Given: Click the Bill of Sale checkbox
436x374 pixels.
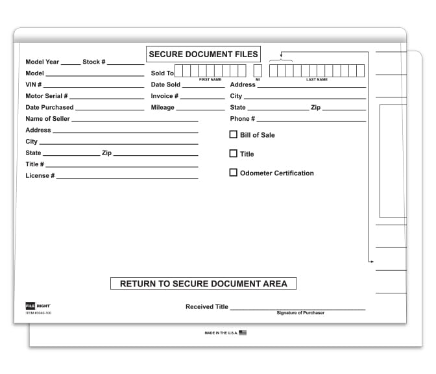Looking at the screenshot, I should pos(234,134).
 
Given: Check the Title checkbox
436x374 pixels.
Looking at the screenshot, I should pos(234,154).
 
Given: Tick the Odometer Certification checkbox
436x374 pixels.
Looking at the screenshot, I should pos(234,173).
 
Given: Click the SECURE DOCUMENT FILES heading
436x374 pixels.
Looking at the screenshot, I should pos(204,54).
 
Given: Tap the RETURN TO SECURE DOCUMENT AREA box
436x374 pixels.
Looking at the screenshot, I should pos(204,284).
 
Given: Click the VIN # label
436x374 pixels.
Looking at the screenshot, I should pos(34,84).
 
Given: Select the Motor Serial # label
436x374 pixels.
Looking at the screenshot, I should pos(47,96).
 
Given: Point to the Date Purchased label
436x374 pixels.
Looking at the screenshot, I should pos(49,107).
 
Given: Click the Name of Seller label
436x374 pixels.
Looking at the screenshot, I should pos(47,119).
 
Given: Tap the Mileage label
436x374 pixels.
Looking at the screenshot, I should pos(163,107).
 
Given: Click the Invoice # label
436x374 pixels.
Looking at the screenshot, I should pos(165,96).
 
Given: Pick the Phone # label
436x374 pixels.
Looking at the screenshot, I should pos(243,119).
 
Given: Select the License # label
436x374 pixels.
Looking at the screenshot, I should pos(40,176).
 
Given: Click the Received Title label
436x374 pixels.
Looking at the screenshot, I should pos(207,306).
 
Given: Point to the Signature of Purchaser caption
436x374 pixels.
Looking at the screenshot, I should pos(300,313).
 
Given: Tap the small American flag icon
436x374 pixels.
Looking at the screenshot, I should pos(243,332).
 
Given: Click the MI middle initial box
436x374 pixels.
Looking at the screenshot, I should pos(258,71).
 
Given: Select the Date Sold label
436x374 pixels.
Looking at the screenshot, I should pos(165,84).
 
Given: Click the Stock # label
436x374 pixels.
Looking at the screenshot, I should pos(94,62).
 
